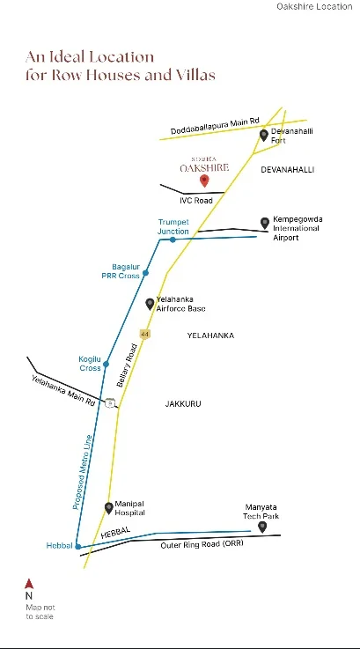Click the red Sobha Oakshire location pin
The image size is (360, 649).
point(204,181)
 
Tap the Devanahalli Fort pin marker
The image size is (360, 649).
point(263,135)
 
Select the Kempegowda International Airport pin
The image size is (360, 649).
point(265,223)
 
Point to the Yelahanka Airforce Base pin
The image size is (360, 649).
point(150,304)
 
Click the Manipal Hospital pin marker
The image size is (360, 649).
point(109,508)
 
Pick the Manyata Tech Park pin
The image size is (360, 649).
point(262,527)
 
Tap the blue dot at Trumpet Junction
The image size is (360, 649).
point(173,240)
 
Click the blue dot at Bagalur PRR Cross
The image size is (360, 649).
point(145,273)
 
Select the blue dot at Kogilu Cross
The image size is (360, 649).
point(106,365)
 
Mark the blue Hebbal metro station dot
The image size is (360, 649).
point(77,546)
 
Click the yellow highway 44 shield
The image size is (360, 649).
point(144,334)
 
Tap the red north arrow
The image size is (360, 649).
point(28,584)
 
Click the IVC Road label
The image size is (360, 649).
point(196,201)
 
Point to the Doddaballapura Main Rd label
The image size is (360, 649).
point(215,126)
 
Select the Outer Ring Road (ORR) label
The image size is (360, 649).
point(202,544)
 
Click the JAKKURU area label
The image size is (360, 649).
point(183,403)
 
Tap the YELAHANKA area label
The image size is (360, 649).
point(210,336)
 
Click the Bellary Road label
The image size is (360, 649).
point(127,365)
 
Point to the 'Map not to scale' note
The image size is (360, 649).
point(40,612)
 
